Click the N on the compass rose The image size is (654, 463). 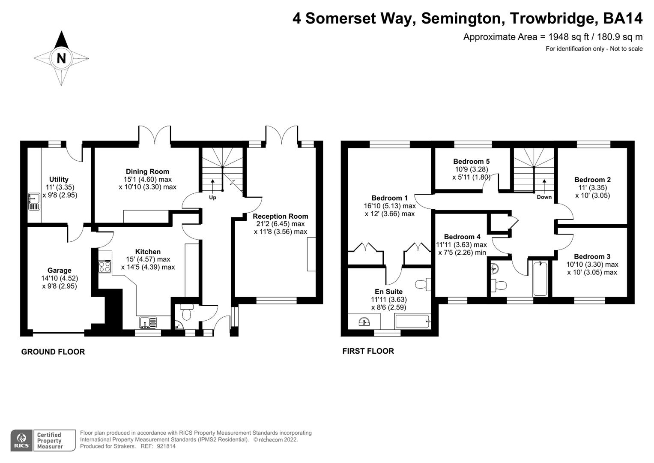click(x=61, y=58)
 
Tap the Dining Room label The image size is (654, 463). click(x=147, y=171)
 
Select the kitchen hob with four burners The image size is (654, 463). click(x=105, y=267)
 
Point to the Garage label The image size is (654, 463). click(x=59, y=271)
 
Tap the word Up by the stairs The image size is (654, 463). click(x=212, y=198)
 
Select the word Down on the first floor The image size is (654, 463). click(x=544, y=197)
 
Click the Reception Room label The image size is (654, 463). click(x=280, y=216)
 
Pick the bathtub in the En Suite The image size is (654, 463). click(x=412, y=321)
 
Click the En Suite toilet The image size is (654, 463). click(x=422, y=283)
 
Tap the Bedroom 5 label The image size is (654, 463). click(x=471, y=162)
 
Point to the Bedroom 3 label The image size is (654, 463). click(x=592, y=257)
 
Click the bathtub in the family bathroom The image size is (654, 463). click(x=540, y=279)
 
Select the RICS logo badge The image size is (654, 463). click(x=21, y=440)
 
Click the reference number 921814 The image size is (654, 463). click(x=167, y=446)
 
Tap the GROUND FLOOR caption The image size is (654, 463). click(x=53, y=352)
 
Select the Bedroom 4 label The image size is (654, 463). click(x=462, y=237)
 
